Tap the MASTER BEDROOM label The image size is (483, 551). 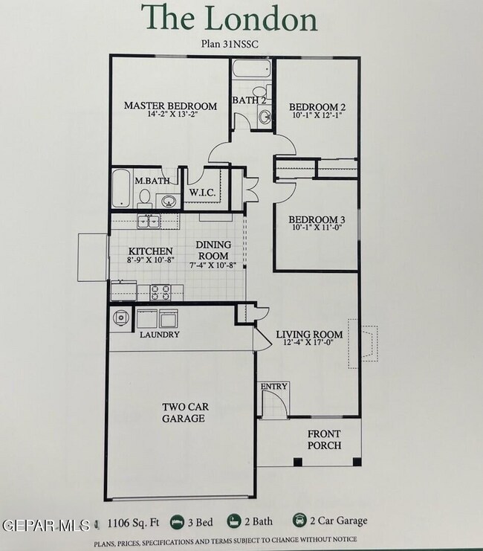click(x=170, y=106)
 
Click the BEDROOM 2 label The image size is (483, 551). click(x=317, y=106)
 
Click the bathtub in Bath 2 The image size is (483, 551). click(x=253, y=70)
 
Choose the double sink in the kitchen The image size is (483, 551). click(x=149, y=221)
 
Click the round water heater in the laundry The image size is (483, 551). click(x=121, y=318)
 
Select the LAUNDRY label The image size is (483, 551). click(x=159, y=335)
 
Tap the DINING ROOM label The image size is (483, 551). click(x=213, y=250)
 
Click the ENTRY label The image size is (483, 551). click(x=273, y=387)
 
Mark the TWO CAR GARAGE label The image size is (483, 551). click(x=184, y=413)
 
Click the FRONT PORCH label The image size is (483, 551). click(x=325, y=440)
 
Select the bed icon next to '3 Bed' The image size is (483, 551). click(x=178, y=521)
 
